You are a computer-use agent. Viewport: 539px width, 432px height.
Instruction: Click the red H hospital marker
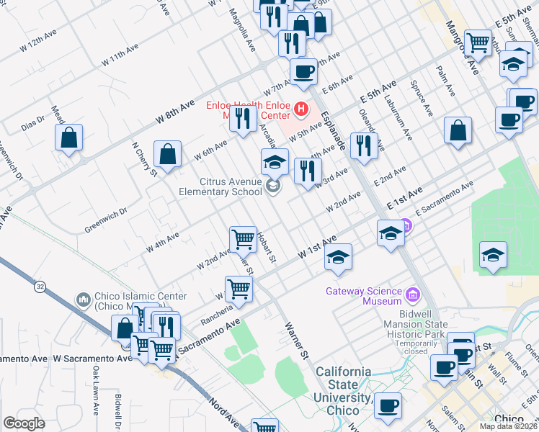[301, 110]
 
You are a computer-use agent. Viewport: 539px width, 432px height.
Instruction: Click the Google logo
[24, 423]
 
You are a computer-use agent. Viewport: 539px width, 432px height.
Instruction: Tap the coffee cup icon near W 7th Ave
[303, 71]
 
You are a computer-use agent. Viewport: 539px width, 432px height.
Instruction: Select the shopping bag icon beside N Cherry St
[167, 154]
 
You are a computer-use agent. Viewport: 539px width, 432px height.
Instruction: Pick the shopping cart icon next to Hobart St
[244, 238]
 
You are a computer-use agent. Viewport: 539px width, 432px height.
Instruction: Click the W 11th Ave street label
[120, 55]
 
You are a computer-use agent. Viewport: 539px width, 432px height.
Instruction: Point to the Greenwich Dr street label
[105, 213]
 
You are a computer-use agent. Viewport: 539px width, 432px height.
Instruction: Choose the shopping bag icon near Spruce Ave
[458, 130]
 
